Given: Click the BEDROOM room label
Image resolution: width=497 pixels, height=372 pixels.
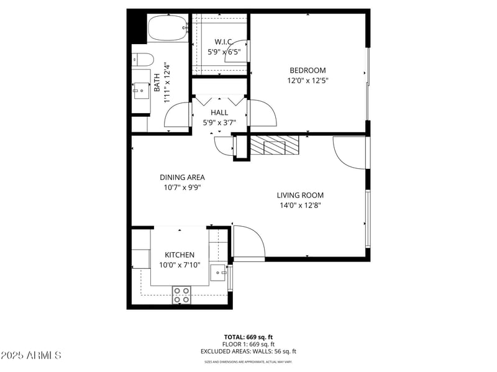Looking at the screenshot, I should tap(307, 70).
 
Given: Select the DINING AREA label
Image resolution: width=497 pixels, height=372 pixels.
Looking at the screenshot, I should tap(182, 177).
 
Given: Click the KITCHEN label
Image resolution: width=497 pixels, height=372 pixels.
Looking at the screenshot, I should tap(180, 255).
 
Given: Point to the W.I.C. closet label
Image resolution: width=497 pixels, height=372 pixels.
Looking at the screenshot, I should tap(220, 42).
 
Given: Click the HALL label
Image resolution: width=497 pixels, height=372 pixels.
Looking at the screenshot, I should tap(219, 112).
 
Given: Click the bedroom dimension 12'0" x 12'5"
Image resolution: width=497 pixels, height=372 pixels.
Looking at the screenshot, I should tap(307, 81).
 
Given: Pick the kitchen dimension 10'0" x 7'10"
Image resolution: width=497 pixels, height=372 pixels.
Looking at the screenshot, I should tap(180, 265).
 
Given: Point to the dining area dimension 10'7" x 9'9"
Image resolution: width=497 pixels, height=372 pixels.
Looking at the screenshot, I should tap(182, 187).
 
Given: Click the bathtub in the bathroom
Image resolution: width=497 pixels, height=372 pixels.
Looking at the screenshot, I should tap(167, 28).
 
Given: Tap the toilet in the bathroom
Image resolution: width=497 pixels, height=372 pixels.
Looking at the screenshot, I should tap(143, 60).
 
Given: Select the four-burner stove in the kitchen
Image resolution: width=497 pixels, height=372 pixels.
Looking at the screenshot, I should tap(181, 295).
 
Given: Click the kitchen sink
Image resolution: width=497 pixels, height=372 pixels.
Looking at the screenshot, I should tap(218, 272).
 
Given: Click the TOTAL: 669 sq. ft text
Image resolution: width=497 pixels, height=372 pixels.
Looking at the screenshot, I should tap(248, 337).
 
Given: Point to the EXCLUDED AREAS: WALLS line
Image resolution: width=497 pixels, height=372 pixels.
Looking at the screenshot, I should tap(248, 352).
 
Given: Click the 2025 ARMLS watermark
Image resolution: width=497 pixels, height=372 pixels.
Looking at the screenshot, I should tap(31, 355).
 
